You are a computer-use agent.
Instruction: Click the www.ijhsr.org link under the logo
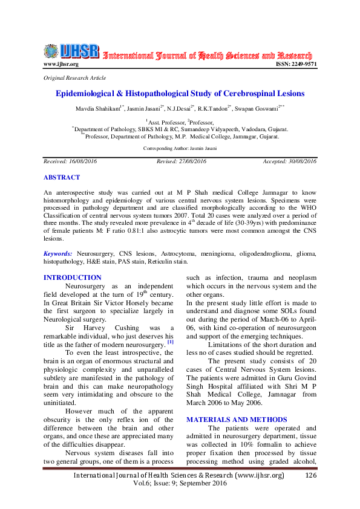click(x=61, y=64)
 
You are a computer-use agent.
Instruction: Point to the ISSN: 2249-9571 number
click(x=296, y=64)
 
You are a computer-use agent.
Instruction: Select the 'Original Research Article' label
click(x=75, y=78)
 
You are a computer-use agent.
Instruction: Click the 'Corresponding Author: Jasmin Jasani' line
click(x=180, y=148)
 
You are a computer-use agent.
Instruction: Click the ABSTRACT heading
click(x=61, y=177)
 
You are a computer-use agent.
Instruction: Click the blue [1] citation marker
click(x=171, y=342)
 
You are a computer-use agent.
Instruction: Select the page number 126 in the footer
click(x=311, y=476)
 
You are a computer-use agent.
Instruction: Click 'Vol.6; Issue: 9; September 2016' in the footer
click(x=180, y=484)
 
